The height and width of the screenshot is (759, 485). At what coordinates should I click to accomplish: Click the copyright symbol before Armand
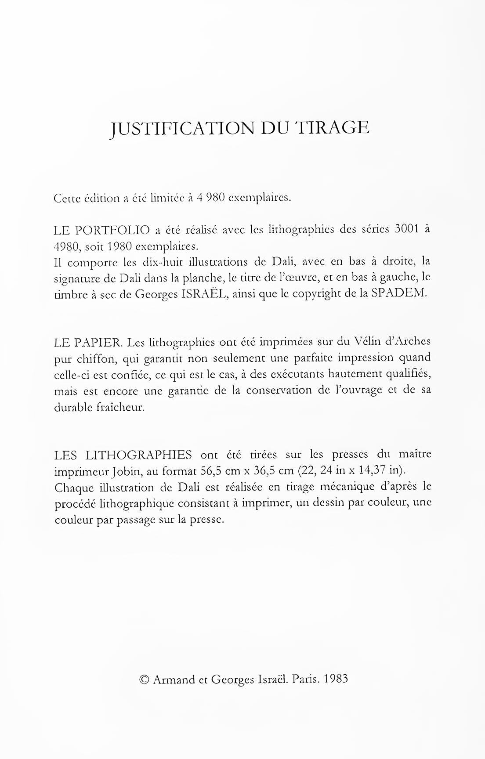pyautogui.click(x=143, y=679)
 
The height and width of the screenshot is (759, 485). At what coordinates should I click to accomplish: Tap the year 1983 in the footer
pyautogui.click(x=335, y=679)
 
